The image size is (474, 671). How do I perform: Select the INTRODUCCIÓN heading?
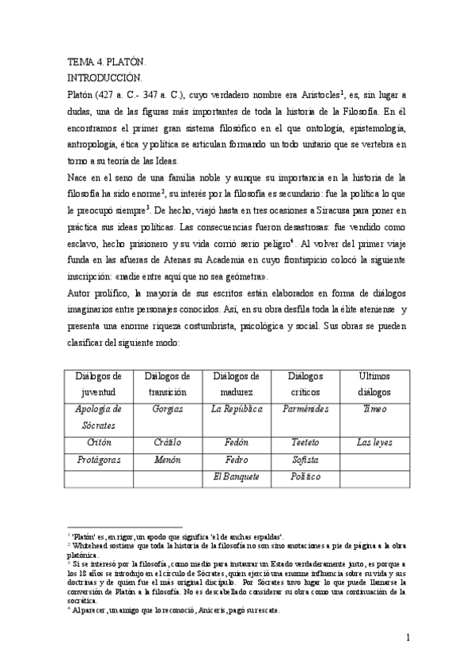click(104, 77)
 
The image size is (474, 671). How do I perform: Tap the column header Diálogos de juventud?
click(99, 383)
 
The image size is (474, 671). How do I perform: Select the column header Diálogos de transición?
click(167, 383)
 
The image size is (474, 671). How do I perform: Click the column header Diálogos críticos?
click(305, 383)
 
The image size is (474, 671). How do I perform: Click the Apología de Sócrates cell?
click(99, 416)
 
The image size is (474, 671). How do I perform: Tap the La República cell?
click(236, 409)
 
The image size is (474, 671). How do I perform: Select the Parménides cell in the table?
click(305, 409)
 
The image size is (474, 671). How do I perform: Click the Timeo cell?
click(374, 409)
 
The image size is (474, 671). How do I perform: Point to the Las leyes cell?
click(374, 442)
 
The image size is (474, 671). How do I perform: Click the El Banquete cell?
click(236, 476)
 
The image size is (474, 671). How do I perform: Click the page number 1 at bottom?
click(407, 637)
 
